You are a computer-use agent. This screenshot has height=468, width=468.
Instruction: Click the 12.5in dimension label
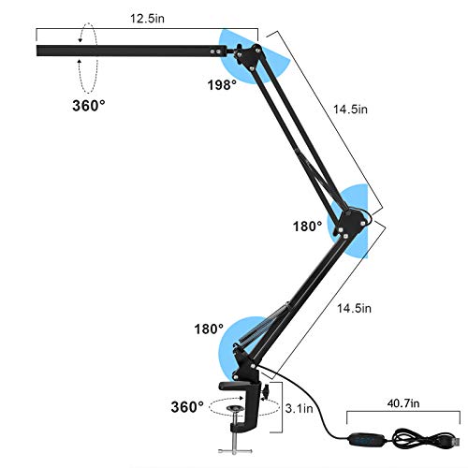(143, 18)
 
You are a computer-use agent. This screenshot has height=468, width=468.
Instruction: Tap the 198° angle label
(223, 84)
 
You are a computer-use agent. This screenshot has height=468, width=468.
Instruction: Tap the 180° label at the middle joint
(306, 226)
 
